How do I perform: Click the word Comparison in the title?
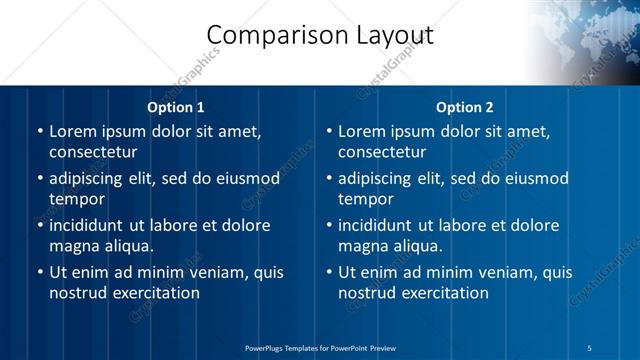(267, 36)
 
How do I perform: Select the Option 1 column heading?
(176, 107)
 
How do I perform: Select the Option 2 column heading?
(465, 107)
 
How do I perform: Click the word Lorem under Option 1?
(73, 131)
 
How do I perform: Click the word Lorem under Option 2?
(362, 131)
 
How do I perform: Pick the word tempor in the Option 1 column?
(76, 200)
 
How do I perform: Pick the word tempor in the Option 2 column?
(365, 200)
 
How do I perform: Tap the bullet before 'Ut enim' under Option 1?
(39, 272)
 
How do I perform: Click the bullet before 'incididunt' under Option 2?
(328, 225)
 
